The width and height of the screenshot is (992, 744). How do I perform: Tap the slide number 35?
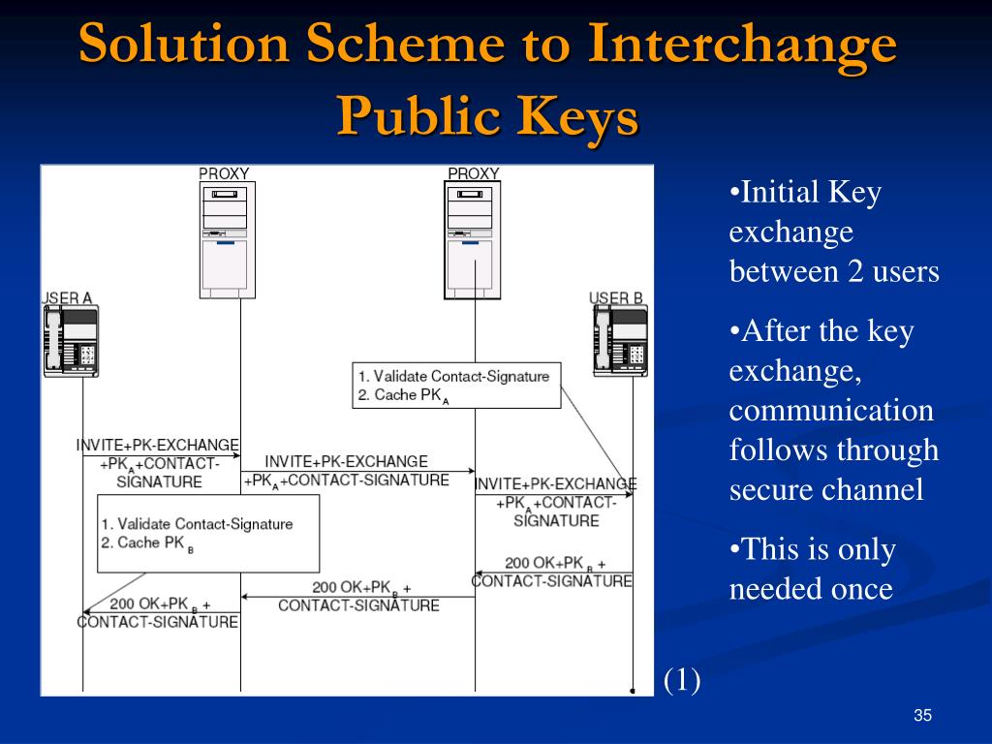click(922, 716)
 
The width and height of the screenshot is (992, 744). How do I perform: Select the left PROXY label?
click(224, 174)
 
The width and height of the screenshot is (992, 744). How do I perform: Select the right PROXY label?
click(473, 174)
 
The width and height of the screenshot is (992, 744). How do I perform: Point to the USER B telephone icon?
click(619, 342)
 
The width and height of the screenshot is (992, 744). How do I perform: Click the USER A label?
click(68, 298)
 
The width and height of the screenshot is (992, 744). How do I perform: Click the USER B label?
click(616, 298)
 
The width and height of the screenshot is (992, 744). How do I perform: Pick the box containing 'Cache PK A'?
click(456, 385)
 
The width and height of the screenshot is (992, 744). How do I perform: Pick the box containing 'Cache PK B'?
click(207, 533)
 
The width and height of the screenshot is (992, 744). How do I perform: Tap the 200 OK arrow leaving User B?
click(553, 572)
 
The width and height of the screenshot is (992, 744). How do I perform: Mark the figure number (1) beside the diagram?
click(682, 680)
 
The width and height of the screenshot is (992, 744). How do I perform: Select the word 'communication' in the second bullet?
click(831, 410)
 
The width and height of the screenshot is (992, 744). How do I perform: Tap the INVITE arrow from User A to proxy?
click(161, 455)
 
